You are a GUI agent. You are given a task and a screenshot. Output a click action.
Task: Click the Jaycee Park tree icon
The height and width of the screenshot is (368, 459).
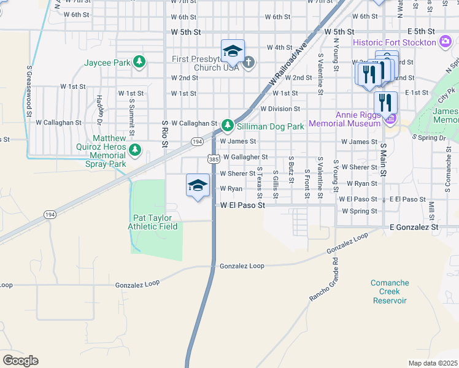coord(140,62)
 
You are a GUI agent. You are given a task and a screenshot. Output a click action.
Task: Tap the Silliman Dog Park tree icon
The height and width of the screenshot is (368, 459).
coord(228,126)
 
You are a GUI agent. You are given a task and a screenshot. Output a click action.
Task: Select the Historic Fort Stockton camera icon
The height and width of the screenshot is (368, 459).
coord(446,42)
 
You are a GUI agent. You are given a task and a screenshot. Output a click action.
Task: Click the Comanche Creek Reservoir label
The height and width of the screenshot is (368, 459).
coord(390,291)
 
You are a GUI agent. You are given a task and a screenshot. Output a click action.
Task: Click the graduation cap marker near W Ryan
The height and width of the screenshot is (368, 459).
coord(198,185)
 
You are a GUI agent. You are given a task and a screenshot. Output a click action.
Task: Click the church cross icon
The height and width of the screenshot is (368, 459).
coord(249,61)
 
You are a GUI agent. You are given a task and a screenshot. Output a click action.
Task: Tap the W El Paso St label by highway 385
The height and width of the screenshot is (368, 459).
coord(242,205)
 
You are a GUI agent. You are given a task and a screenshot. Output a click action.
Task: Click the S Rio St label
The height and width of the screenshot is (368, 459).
coord(164,134)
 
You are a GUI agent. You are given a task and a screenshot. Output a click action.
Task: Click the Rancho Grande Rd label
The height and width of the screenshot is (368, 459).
coord(326,279)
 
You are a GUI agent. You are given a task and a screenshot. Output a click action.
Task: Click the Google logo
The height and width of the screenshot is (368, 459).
coord(20,361)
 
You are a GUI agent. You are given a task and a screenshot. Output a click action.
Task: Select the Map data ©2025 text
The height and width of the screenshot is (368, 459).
coord(433,363)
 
